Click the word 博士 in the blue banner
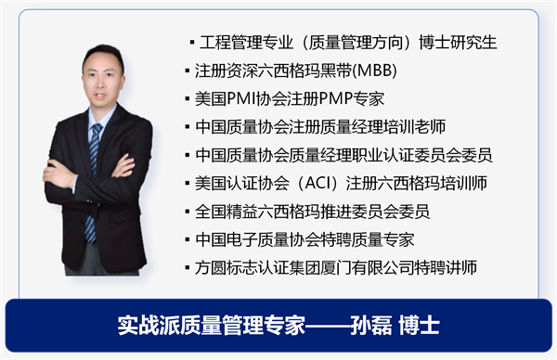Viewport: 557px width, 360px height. [418, 326]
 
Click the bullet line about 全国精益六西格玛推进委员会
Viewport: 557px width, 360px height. [313, 212]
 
